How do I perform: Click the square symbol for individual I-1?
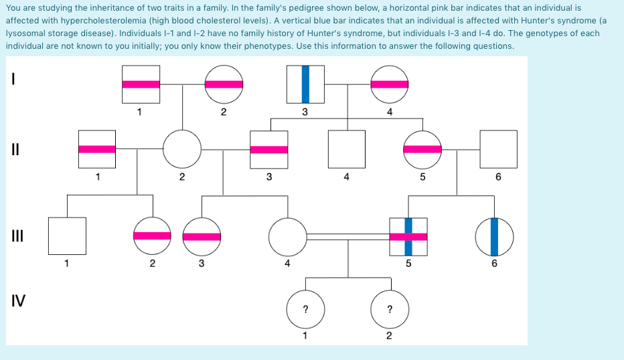(x=141, y=84)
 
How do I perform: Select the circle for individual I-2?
(x=224, y=84)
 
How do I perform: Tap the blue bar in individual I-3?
(x=305, y=84)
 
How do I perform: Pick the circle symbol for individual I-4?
(x=389, y=84)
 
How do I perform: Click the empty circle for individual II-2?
(x=182, y=149)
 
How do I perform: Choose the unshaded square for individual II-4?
(x=346, y=149)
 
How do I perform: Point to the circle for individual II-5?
(x=422, y=149)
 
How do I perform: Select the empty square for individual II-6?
(x=498, y=149)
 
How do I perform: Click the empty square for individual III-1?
(x=67, y=236)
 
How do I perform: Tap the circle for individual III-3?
(x=202, y=236)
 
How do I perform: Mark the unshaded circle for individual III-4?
(x=287, y=236)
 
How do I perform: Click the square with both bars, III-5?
(x=408, y=236)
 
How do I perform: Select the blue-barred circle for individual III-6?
(x=494, y=236)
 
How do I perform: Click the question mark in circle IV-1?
(x=305, y=309)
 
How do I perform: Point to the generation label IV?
(x=19, y=301)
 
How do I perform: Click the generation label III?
(x=18, y=236)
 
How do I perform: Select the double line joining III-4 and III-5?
(x=348, y=236)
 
